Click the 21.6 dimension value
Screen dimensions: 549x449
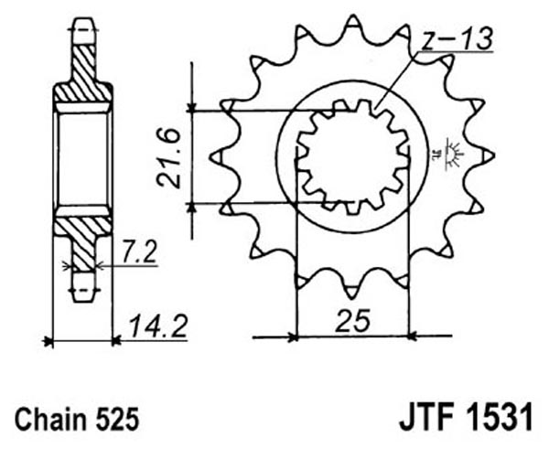point(168,158)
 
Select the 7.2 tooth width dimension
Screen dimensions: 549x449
point(139,252)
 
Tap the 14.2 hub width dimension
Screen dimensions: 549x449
point(158,326)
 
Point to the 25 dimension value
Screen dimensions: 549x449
point(352,320)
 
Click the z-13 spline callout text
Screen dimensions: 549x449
point(457,38)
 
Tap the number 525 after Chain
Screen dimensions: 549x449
point(117,419)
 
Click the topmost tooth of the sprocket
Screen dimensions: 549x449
point(353,22)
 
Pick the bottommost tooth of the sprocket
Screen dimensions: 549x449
point(352,293)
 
